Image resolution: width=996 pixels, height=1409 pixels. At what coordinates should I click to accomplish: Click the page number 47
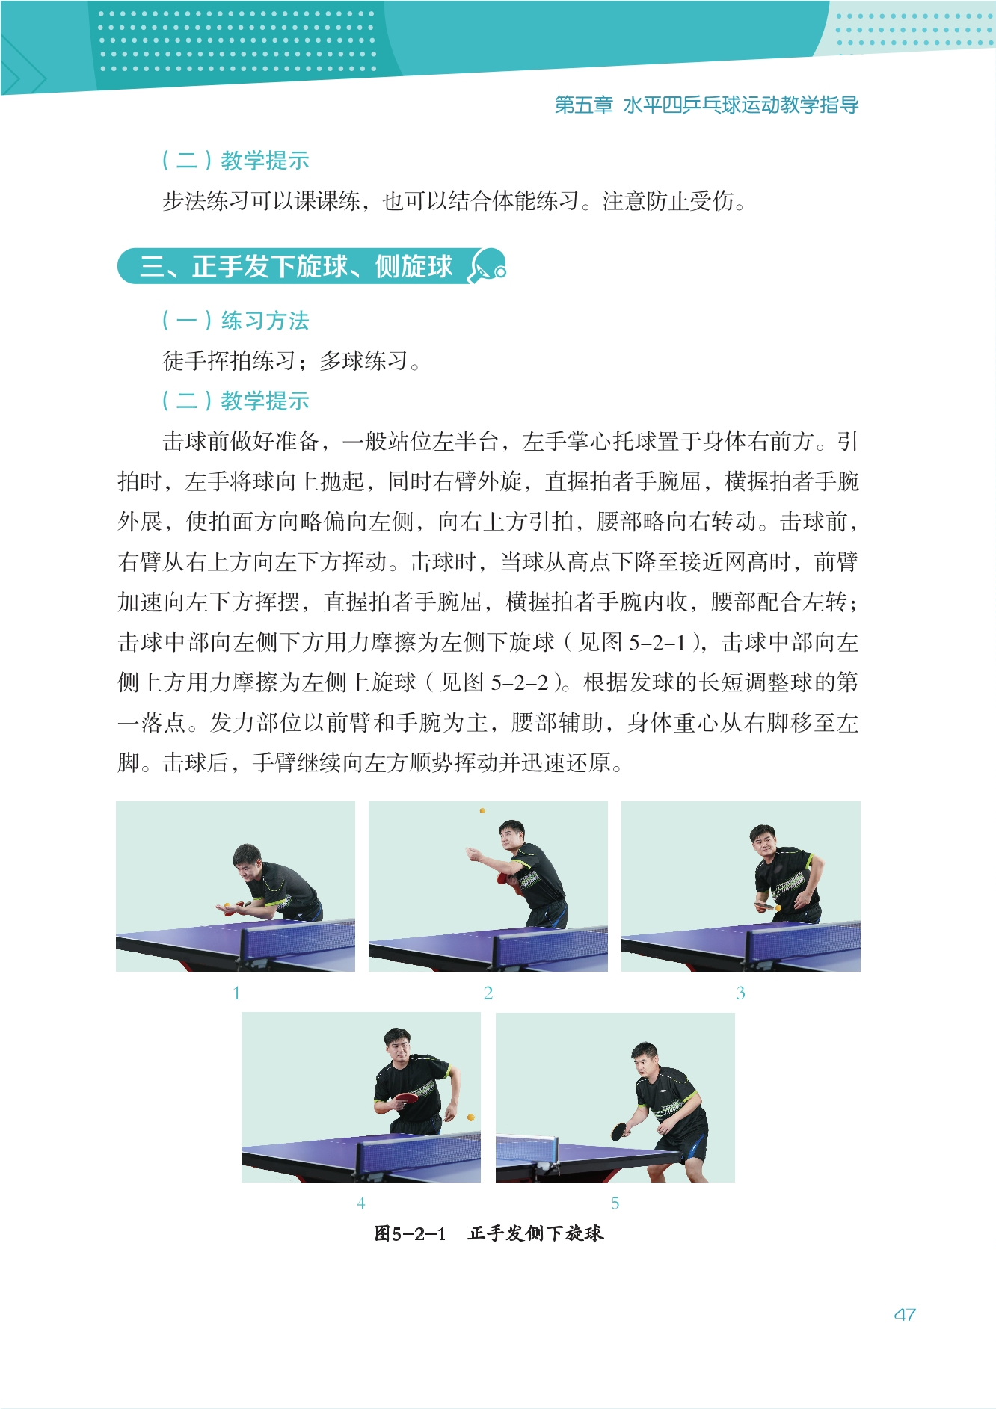pyautogui.click(x=905, y=1315)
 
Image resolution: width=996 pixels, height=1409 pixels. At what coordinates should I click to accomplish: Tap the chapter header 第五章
pyautogui.click(x=584, y=105)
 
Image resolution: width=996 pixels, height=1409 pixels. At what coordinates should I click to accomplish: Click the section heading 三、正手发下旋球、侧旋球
pyautogui.click(x=296, y=266)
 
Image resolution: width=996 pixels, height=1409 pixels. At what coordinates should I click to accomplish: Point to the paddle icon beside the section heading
pyautogui.click(x=487, y=267)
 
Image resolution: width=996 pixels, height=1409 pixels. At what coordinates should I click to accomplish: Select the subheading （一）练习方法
pyautogui.click(x=236, y=321)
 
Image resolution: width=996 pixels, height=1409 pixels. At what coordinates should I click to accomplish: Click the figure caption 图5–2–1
pyautogui.click(x=410, y=1233)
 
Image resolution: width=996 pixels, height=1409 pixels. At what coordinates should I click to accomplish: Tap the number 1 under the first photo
pyautogui.click(x=236, y=993)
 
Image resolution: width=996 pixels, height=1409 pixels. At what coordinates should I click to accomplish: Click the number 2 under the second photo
pyautogui.click(x=488, y=993)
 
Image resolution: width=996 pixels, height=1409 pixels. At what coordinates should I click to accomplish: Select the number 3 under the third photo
pyautogui.click(x=740, y=993)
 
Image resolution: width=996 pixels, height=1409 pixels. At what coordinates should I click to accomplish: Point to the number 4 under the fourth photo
pyautogui.click(x=361, y=1203)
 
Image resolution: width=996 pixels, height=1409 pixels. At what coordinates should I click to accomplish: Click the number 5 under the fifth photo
pyautogui.click(x=615, y=1203)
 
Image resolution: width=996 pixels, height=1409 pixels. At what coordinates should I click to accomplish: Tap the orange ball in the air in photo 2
pyautogui.click(x=482, y=810)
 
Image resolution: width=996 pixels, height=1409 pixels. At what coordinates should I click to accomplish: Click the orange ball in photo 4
pyautogui.click(x=471, y=1117)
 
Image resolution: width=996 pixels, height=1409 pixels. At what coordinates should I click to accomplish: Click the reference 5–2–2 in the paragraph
pyautogui.click(x=520, y=682)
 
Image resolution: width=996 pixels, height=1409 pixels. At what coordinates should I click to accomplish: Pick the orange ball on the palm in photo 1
pyautogui.click(x=227, y=905)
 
